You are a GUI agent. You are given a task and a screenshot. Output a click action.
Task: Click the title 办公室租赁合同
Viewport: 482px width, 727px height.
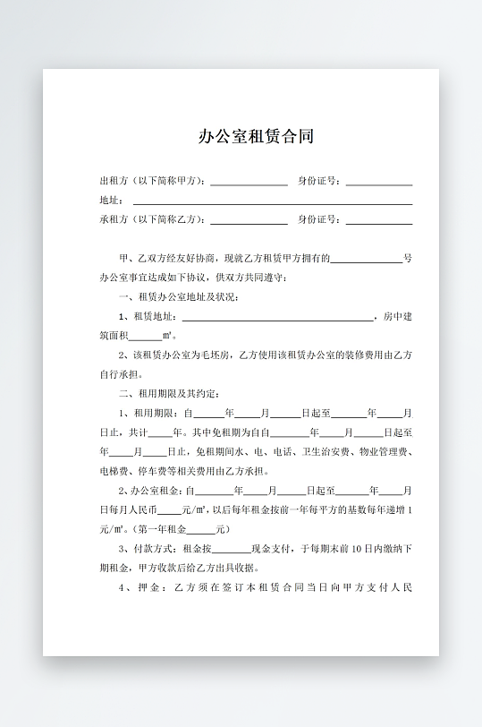[x=256, y=137]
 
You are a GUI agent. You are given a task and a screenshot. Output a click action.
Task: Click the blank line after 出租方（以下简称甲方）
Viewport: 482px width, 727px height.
[x=249, y=182]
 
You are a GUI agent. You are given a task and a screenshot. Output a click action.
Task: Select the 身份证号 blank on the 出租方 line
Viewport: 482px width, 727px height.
[x=378, y=182]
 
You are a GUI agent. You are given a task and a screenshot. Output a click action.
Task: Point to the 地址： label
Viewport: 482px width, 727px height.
[x=112, y=201]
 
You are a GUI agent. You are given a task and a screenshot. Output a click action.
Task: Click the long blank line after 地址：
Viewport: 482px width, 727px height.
[x=272, y=202]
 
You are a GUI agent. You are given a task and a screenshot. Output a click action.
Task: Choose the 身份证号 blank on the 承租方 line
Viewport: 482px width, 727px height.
[x=378, y=220]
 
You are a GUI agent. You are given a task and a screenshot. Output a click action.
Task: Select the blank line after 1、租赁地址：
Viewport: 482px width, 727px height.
[x=278, y=318]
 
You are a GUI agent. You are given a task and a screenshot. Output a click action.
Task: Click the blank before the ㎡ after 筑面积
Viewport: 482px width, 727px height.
[x=145, y=337]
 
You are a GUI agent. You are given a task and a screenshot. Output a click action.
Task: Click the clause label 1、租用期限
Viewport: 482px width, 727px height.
[x=149, y=414]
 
